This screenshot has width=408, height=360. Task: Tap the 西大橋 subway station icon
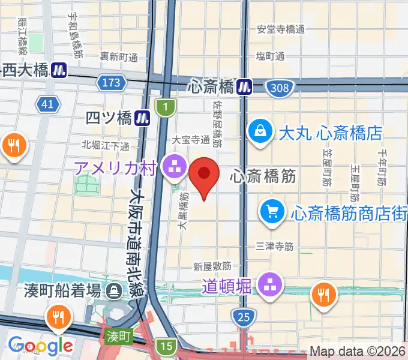point(59,70)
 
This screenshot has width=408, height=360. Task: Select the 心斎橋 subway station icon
point(244,86)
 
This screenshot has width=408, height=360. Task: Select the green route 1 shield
point(164,107)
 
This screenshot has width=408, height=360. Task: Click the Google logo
point(40,345)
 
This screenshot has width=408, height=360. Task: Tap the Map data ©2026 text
point(358,352)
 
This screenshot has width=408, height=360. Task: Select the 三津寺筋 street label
point(274,246)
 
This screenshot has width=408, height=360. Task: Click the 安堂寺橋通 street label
point(281,29)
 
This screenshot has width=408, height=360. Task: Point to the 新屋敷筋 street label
point(212,266)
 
